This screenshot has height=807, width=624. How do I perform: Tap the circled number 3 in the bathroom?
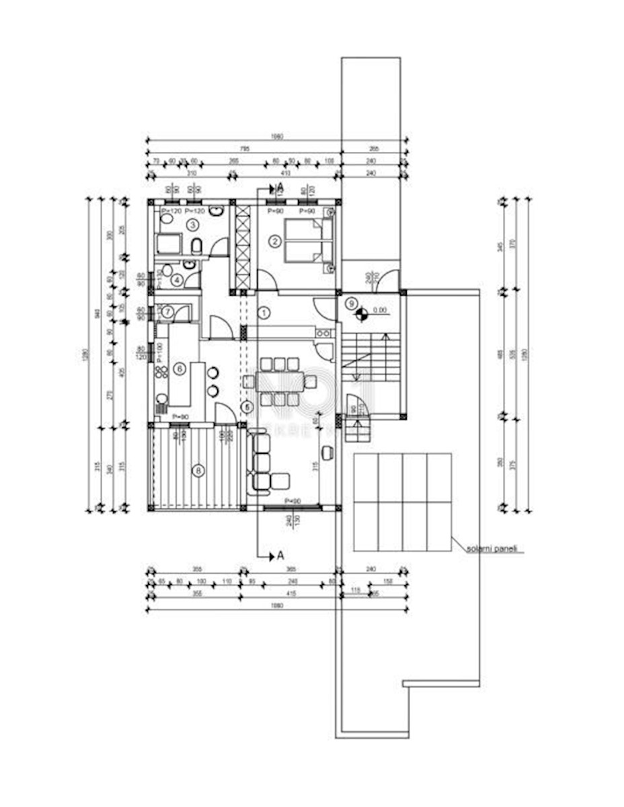[x=192, y=224]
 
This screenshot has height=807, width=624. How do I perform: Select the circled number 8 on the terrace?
[x=198, y=470]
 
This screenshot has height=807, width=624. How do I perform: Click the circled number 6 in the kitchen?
[x=180, y=368]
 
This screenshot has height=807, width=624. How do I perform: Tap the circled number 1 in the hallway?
[x=264, y=313]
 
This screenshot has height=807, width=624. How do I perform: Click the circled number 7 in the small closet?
[x=164, y=311]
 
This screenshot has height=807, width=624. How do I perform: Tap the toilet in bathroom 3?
[x=196, y=246]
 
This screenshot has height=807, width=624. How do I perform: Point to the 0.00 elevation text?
[x=381, y=311]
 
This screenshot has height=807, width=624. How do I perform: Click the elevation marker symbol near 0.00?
[x=361, y=311]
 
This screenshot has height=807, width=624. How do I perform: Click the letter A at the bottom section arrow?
[x=280, y=556]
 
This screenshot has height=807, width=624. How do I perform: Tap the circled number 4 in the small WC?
[x=176, y=280]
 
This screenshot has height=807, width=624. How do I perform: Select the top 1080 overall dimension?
[x=277, y=137]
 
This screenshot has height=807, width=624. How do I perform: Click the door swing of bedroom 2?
[x=266, y=280]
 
